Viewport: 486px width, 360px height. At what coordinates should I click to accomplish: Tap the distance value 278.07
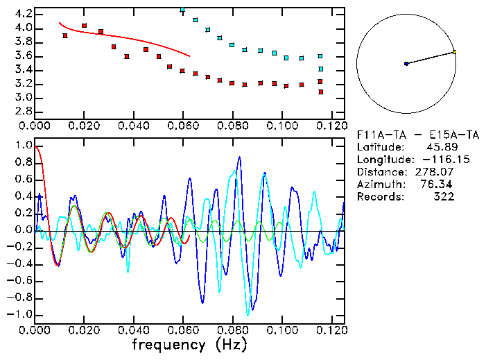pos(442,172)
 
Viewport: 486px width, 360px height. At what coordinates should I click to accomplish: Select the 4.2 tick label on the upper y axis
pos(23,14)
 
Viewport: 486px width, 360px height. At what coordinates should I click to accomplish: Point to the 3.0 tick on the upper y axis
pos(23,97)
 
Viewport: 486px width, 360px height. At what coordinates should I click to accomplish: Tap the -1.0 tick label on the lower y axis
pos(21,314)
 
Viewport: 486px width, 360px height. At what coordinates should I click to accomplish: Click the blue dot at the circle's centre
pos(406,64)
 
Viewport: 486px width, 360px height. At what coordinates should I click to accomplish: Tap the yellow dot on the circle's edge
pos(454,52)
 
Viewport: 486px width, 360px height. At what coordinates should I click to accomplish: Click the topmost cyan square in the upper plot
pos(182,10)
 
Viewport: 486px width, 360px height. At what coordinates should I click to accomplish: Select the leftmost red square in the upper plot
pos(65,35)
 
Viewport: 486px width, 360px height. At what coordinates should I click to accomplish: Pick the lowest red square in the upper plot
pos(320,92)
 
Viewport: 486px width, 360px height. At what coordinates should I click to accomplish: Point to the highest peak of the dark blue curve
pos(239,157)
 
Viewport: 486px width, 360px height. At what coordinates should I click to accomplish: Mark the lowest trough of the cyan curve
pos(248,314)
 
